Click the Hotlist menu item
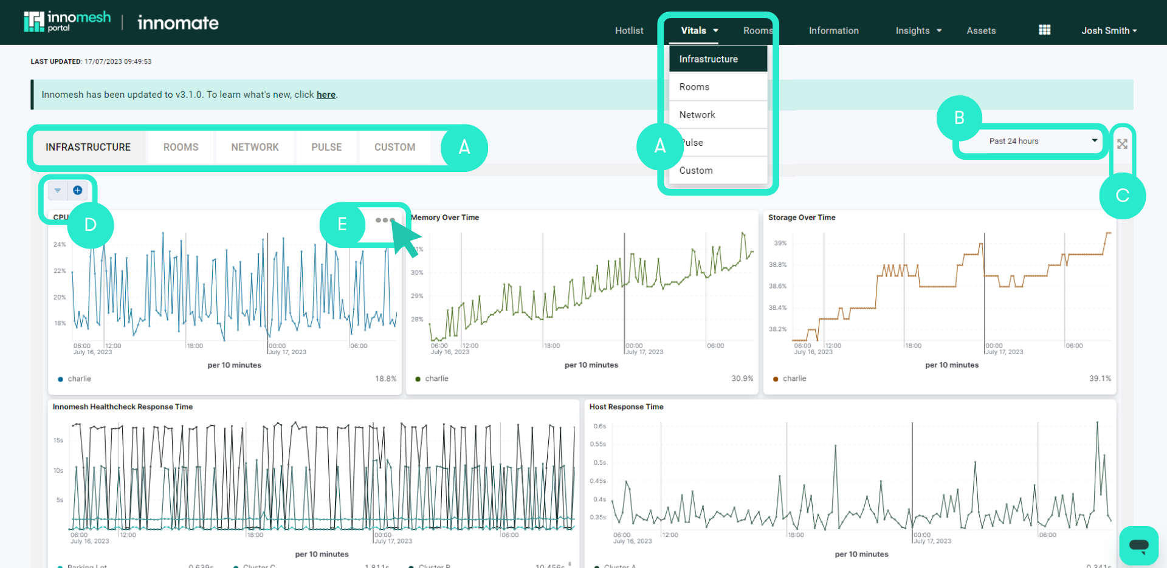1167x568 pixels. (x=628, y=30)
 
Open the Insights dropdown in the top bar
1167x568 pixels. (x=918, y=30)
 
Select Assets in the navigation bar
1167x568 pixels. (x=980, y=30)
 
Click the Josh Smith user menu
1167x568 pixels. (x=1108, y=30)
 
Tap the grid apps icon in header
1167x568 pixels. (x=1044, y=30)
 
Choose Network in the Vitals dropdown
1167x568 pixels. (x=697, y=115)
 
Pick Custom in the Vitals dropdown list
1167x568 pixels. (x=696, y=171)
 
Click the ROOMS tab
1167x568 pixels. (x=181, y=147)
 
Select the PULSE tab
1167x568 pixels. (x=326, y=147)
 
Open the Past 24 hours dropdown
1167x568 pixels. (x=1042, y=141)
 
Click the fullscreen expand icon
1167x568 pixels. (x=1122, y=144)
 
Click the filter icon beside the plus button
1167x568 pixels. (x=58, y=191)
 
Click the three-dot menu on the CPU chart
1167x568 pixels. (x=385, y=220)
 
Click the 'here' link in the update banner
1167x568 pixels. (x=326, y=95)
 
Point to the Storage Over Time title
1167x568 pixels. (x=801, y=217)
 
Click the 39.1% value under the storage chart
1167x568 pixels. (x=1100, y=378)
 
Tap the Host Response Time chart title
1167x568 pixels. (x=626, y=407)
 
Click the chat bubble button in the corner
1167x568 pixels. (x=1138, y=545)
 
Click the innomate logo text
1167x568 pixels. (x=177, y=23)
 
